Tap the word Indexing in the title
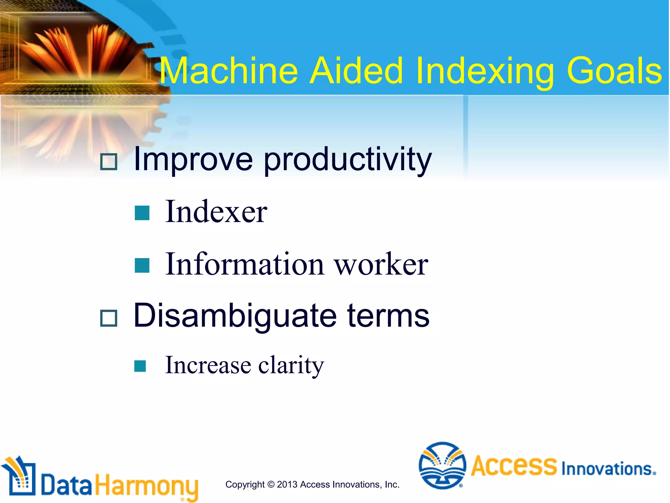click(485, 71)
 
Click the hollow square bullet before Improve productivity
click(109, 162)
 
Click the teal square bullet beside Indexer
click(142, 213)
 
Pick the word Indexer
click(216, 212)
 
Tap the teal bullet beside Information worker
click(142, 265)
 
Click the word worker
click(381, 265)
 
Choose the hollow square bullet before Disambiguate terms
click(109, 318)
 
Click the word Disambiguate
click(235, 316)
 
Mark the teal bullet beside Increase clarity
click(140, 366)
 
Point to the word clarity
click(291, 365)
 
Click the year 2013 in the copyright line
click(287, 484)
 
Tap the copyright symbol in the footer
click(271, 484)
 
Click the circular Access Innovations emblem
click(442, 465)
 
